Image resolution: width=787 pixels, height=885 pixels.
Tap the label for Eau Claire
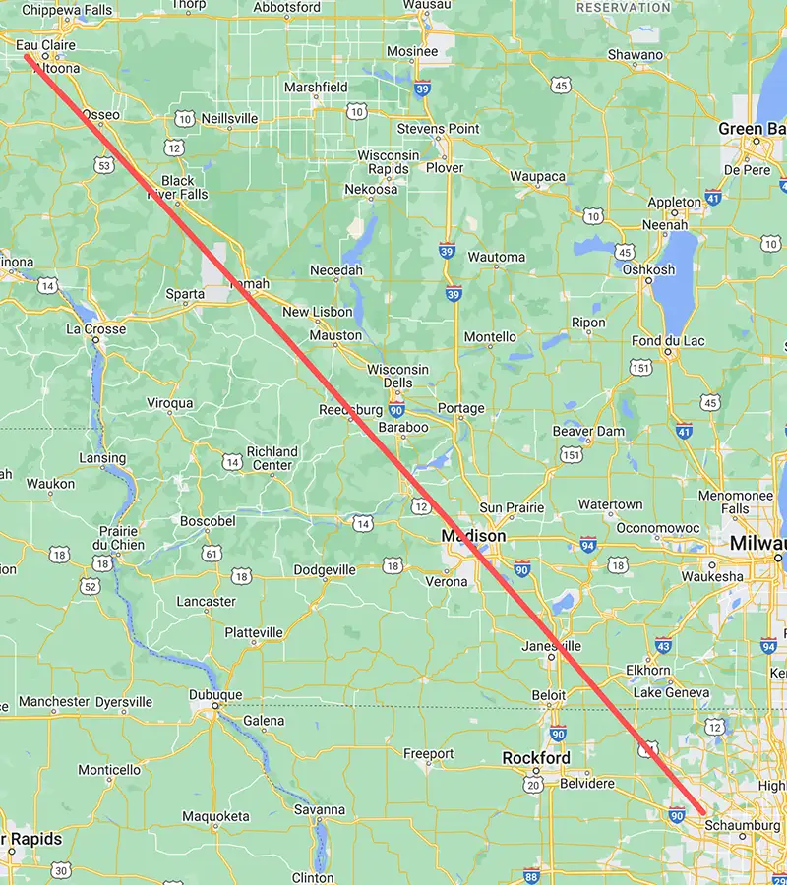[x=45, y=44]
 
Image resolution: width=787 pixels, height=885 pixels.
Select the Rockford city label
[x=536, y=758]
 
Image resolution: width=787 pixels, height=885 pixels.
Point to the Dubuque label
[x=215, y=695]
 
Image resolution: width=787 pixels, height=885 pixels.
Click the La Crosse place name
[x=96, y=328]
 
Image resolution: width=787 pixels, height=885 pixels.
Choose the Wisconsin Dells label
[x=398, y=376]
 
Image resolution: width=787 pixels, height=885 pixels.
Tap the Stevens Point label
[x=438, y=129]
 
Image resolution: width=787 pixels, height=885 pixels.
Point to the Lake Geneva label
[x=672, y=692]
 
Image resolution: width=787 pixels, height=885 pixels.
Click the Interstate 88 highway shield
[x=532, y=875]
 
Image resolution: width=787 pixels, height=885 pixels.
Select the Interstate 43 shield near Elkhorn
[x=663, y=646]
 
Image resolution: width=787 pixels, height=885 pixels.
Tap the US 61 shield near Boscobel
[x=212, y=554]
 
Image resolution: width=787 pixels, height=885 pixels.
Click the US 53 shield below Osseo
[x=105, y=166]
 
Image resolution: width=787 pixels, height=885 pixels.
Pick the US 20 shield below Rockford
[x=533, y=784]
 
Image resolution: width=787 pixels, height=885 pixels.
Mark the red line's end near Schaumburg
[x=702, y=812]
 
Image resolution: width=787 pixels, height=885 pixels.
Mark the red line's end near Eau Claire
[x=27, y=56]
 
